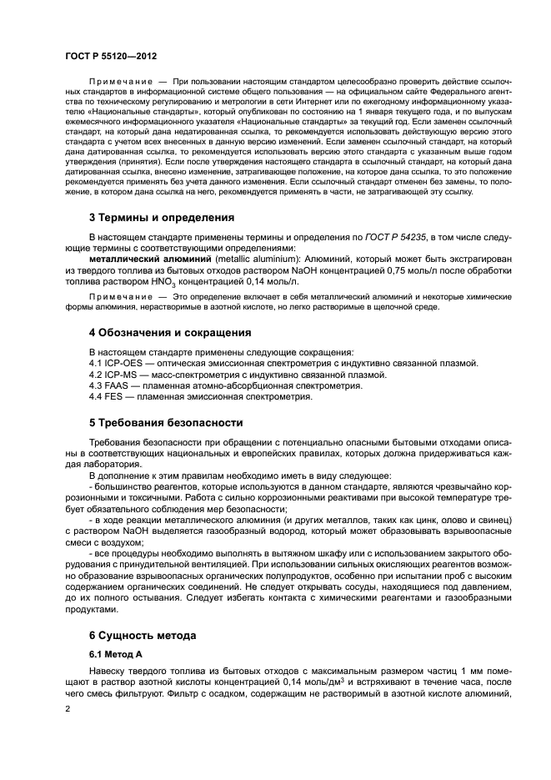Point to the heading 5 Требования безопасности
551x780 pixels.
166,422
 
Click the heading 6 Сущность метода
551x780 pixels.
143,636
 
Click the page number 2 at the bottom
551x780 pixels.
68,709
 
